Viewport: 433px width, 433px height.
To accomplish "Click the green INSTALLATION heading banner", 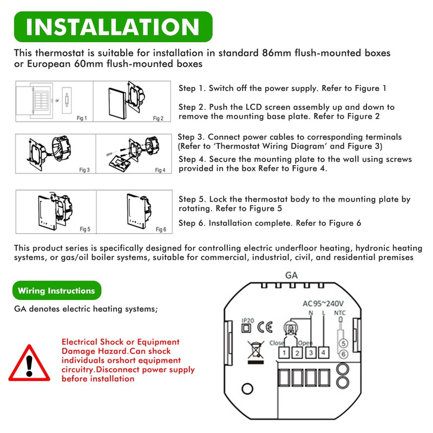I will point(113,27).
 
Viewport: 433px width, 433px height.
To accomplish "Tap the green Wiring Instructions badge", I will point(56,291).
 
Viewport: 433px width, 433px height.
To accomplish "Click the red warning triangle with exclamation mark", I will point(30,362).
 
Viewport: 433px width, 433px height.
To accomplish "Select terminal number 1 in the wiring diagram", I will point(283,353).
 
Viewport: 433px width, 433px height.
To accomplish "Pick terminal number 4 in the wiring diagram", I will point(323,353).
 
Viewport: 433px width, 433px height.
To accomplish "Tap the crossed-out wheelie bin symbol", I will point(252,351).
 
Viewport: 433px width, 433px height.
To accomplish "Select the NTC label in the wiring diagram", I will point(340,312).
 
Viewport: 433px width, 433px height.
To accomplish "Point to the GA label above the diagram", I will point(291,275).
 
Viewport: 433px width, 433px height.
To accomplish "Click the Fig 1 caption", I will point(82,117).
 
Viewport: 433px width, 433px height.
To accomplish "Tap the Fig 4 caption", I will point(160,170).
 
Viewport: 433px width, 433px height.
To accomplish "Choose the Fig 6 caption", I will point(160,229).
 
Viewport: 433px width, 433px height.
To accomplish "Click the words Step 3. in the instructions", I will point(191,137).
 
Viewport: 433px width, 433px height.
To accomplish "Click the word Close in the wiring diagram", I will point(277,343).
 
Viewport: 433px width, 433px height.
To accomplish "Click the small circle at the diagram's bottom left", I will point(248,388).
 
